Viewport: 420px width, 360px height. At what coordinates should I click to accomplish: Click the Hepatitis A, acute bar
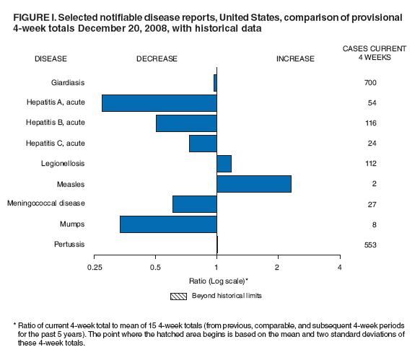(159, 103)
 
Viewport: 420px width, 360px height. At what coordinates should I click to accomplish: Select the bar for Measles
(254, 184)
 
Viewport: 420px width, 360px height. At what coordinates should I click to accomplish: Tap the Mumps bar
(168, 224)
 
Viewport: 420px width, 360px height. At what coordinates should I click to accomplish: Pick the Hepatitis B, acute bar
(186, 123)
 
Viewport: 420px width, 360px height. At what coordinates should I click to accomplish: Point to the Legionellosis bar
(224, 164)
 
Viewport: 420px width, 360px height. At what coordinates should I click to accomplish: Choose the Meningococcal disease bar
(195, 204)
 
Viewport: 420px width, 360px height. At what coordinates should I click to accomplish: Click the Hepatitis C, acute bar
(203, 144)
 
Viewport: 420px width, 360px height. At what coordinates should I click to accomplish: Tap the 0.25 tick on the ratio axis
(95, 268)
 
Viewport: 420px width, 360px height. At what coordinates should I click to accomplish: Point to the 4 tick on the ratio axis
(339, 268)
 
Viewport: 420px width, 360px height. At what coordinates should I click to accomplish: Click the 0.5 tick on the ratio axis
(155, 268)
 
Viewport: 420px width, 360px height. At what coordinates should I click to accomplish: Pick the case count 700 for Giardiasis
(370, 83)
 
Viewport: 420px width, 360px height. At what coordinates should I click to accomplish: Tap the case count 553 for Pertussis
(370, 245)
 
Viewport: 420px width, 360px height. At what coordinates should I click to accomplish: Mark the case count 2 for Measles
(374, 184)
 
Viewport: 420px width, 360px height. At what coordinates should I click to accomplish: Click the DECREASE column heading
(157, 59)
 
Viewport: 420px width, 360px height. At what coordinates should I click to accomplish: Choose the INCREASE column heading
(295, 59)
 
